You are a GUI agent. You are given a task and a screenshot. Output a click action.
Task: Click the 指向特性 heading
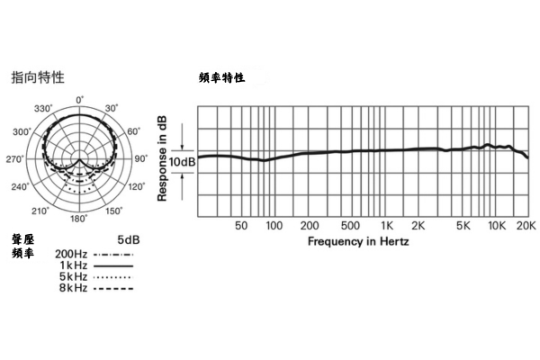[x=38, y=77]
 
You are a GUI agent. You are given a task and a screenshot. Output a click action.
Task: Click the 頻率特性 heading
[x=220, y=78]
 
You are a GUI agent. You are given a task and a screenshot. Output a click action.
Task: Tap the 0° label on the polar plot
[x=79, y=100]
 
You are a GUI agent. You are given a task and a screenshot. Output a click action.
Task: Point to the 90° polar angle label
[x=140, y=159]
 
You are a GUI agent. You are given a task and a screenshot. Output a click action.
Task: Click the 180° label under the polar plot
[x=79, y=219]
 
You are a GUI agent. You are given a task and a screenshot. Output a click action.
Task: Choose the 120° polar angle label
[x=136, y=187]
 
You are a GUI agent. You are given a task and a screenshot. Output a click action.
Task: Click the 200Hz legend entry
[x=71, y=255]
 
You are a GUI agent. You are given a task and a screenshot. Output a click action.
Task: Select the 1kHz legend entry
[x=74, y=266]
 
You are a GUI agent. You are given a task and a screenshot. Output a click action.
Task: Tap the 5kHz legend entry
[x=72, y=277]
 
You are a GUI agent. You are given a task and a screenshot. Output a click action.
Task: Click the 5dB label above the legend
[x=129, y=240]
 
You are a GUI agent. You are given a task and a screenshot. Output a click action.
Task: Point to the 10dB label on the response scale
[x=182, y=161]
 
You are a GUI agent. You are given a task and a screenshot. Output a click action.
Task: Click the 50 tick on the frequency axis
[x=241, y=226]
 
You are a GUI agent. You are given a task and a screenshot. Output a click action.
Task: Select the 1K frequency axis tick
[x=387, y=226]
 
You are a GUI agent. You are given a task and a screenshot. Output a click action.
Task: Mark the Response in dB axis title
[x=163, y=157]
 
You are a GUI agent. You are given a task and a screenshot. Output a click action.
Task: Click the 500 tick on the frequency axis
[x=352, y=226]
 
